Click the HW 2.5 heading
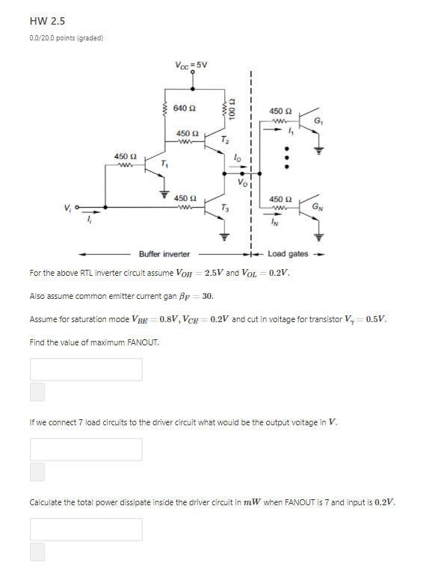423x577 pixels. click(x=47, y=20)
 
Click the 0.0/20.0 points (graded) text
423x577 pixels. click(x=67, y=37)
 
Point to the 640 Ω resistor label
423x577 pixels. click(x=185, y=108)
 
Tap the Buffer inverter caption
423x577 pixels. click(x=164, y=254)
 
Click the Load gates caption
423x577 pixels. click(x=288, y=254)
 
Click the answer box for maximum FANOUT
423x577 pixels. click(x=86, y=369)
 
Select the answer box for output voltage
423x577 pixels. click(x=86, y=449)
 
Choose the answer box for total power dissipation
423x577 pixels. click(x=86, y=529)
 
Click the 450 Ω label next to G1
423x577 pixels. click(x=280, y=110)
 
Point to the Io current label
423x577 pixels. click(x=237, y=158)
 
